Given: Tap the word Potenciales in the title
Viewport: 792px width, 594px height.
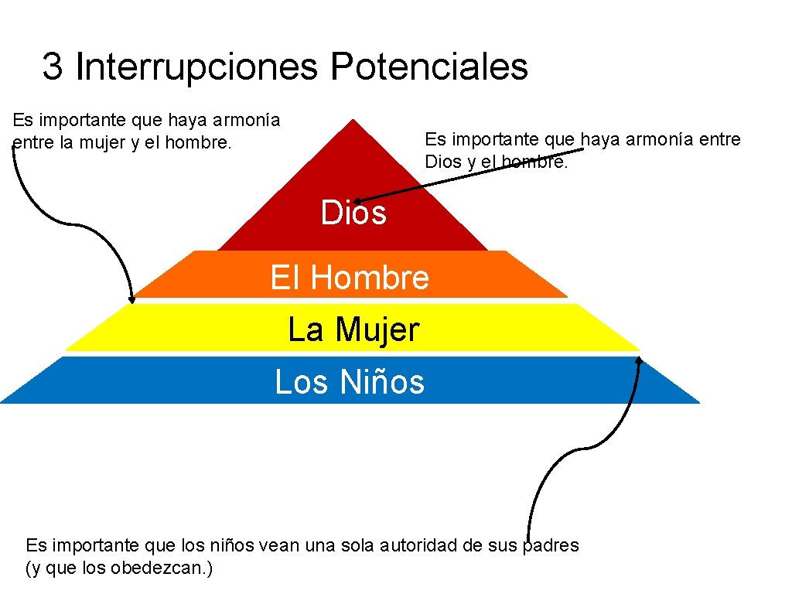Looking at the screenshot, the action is coord(429,67).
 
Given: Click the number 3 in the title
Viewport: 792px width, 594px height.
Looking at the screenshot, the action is coord(52,67).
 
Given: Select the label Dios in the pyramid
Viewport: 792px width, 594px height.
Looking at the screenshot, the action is coord(353,213).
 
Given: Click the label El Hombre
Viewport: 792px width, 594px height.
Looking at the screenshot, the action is coord(350,277).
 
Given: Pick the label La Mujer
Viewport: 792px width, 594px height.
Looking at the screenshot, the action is coord(353,329).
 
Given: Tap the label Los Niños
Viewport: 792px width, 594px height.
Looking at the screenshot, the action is coord(350,381).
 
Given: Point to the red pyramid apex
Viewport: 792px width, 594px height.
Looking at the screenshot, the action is coord(353,121).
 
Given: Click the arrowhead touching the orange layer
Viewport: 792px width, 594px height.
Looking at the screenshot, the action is coord(131,299).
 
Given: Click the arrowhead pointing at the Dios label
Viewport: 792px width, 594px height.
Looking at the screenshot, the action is coord(359,201).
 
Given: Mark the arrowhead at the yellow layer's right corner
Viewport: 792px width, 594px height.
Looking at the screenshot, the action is coord(640,359).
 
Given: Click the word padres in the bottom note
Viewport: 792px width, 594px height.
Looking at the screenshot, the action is coord(552,545).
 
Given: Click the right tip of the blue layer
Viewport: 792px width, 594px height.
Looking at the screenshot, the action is coord(698,401).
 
